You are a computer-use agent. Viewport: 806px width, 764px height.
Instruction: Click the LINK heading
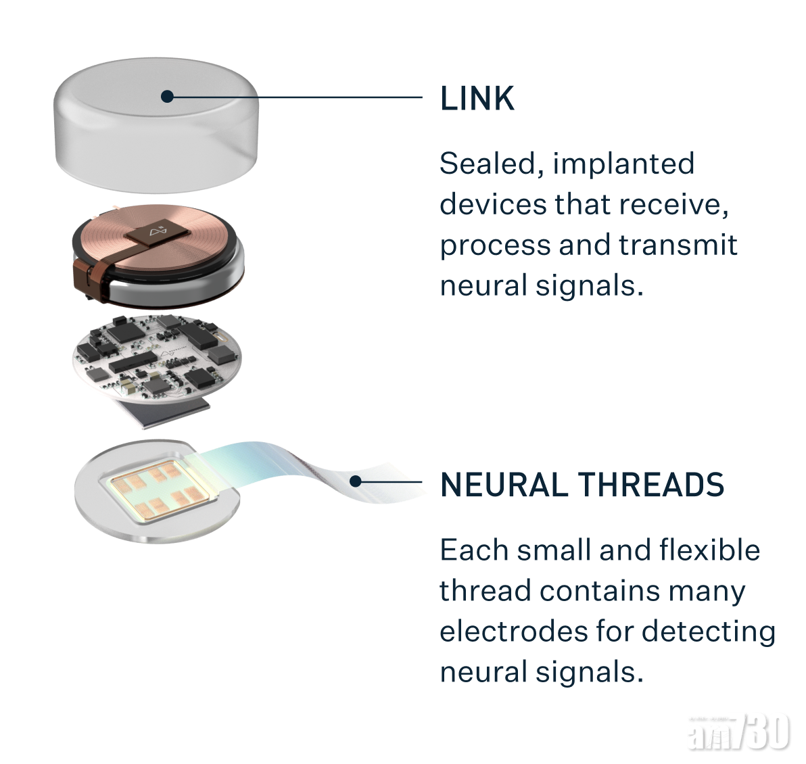point(477,99)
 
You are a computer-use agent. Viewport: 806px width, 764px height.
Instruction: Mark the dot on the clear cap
point(167,97)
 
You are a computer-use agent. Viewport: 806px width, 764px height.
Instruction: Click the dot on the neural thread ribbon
point(355,481)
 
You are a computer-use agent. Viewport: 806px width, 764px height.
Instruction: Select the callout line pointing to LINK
point(298,97)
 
